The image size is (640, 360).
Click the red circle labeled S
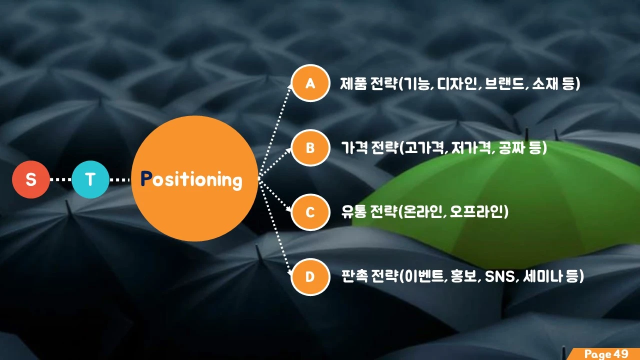tap(31, 179)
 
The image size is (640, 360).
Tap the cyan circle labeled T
tap(90, 179)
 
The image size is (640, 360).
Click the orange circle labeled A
tap(310, 83)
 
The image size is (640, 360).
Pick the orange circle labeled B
tap(310, 147)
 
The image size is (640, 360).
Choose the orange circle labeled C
tap(310, 212)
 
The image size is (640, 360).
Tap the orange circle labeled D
tap(310, 276)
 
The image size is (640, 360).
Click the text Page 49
tap(606, 354)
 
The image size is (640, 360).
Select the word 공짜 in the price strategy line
tap(512, 148)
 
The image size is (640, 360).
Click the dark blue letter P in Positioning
tap(146, 179)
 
